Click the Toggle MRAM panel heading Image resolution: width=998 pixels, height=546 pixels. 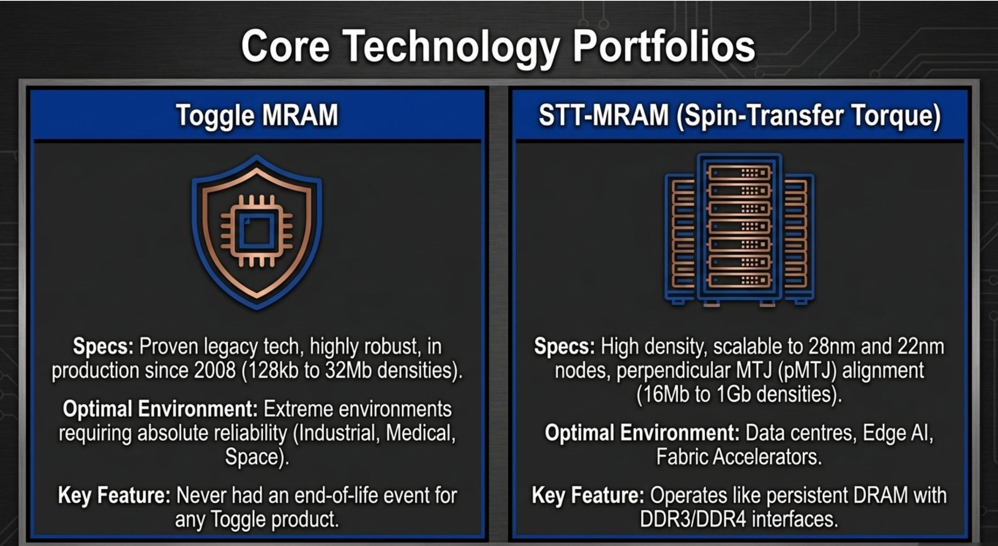click(x=257, y=115)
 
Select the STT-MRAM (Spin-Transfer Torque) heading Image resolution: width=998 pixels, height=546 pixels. click(x=739, y=115)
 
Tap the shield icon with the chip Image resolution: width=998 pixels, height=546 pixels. click(x=257, y=232)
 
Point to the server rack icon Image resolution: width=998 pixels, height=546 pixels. click(x=739, y=230)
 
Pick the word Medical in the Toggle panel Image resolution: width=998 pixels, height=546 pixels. click(x=420, y=433)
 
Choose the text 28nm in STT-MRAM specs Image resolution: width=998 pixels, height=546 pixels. click(x=831, y=346)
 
